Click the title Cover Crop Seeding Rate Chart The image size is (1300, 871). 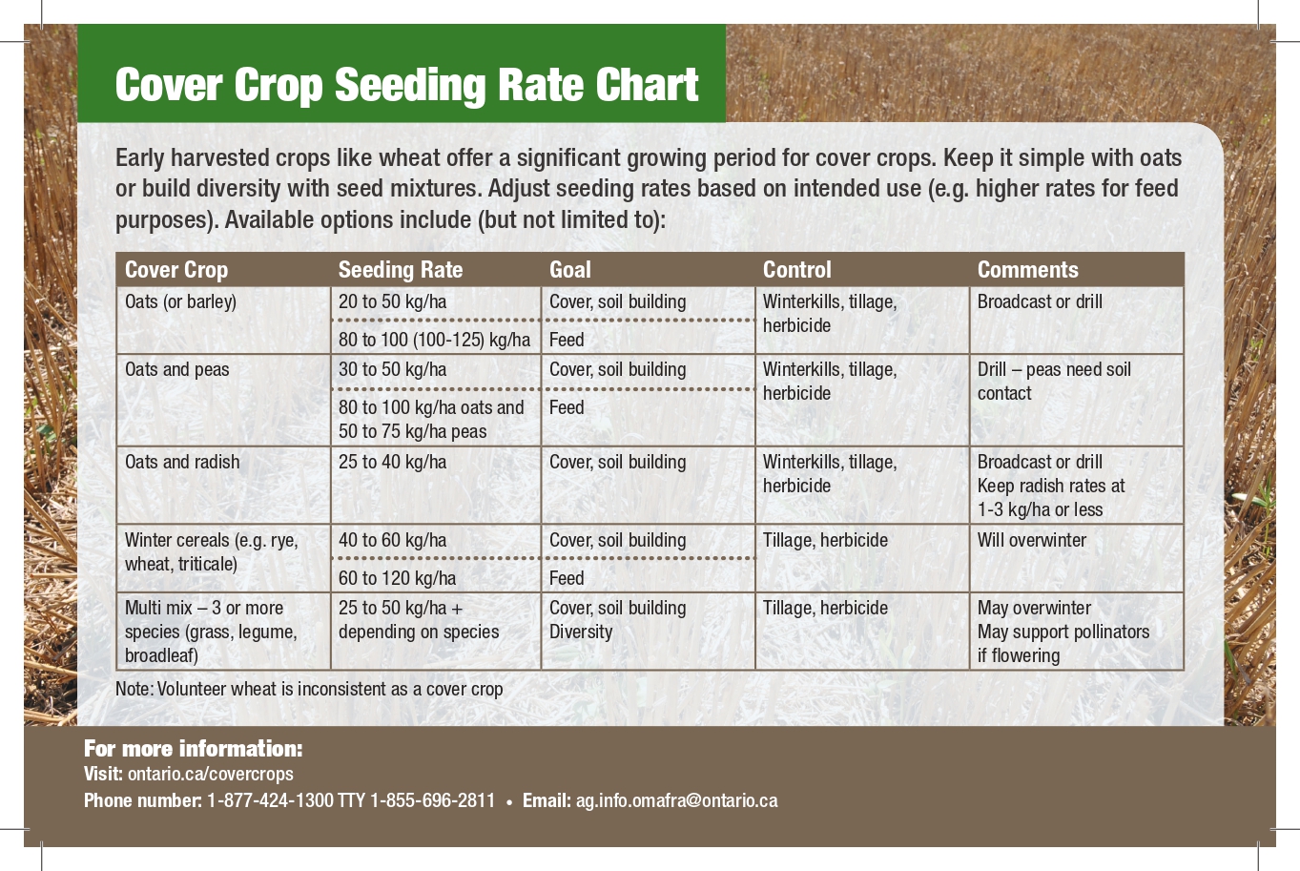coord(407,84)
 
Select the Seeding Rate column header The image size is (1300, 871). coord(401,270)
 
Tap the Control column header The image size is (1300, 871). coord(797,270)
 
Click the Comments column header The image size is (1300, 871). coord(1027,270)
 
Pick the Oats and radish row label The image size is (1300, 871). coord(182,462)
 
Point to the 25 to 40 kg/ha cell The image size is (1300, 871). coord(392,462)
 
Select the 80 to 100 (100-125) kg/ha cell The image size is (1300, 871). coord(434,340)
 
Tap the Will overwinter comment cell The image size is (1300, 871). coord(1031,540)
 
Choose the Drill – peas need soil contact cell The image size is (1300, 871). coord(1053,381)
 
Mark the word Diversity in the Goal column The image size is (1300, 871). coord(581,632)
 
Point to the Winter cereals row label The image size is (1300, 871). coord(211,551)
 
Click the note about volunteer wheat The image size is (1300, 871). coord(309,689)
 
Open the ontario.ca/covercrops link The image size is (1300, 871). coord(210,774)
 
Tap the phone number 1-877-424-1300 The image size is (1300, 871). coord(270,800)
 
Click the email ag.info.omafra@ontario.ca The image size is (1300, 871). coord(676,800)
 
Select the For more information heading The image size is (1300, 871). coord(193,748)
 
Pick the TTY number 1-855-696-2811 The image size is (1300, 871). coord(432,800)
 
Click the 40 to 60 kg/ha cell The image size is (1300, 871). coord(392,540)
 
